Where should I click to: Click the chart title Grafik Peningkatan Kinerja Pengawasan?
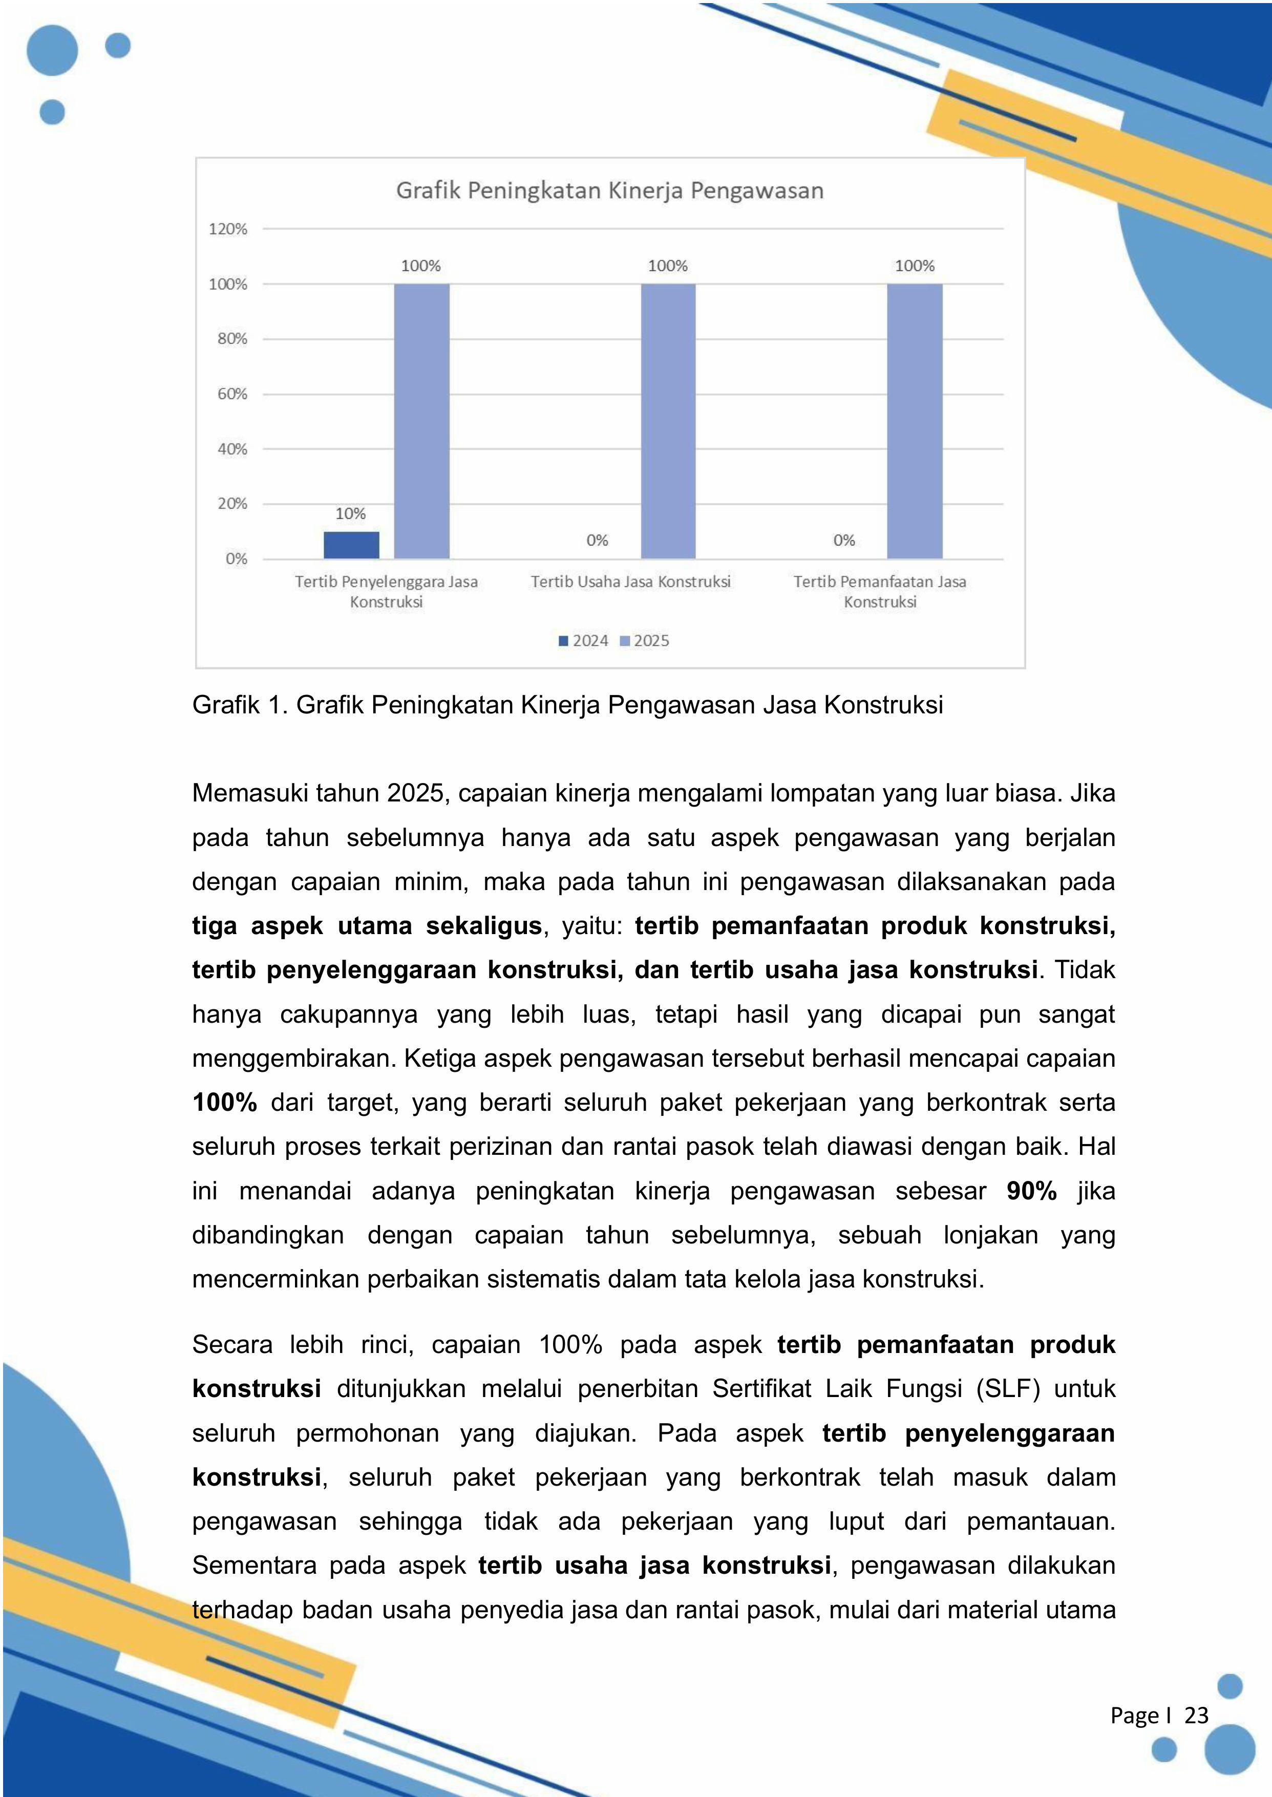(609, 191)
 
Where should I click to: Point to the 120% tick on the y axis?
(228, 229)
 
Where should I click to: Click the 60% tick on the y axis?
(232, 394)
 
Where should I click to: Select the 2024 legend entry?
(584, 641)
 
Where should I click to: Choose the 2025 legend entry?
(645, 641)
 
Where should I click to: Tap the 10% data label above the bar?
(350, 514)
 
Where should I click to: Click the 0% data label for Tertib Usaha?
(597, 540)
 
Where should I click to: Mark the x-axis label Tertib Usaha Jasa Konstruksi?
(630, 581)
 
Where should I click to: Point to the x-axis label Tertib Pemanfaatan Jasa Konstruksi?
(880, 591)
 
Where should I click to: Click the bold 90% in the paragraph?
(1031, 1191)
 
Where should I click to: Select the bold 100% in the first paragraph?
(225, 1102)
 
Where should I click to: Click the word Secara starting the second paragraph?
(232, 1345)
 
